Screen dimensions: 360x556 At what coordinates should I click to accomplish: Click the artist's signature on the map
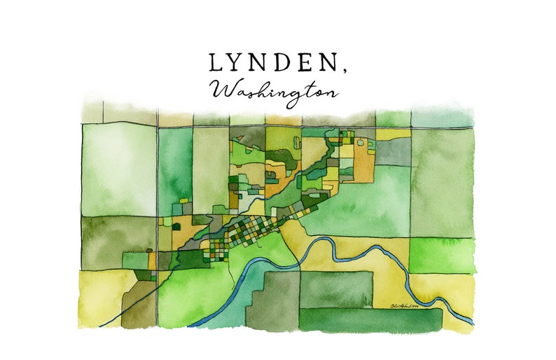[411, 303]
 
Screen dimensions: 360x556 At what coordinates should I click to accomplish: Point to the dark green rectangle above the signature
[335, 288]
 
